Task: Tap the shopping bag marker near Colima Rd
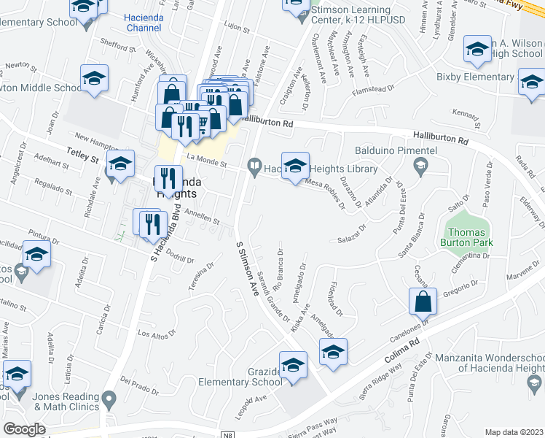click(x=423, y=301)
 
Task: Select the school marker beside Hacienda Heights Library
click(x=295, y=166)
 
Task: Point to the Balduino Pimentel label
click(x=396, y=150)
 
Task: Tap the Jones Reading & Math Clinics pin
click(x=109, y=399)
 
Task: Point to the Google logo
click(x=24, y=429)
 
